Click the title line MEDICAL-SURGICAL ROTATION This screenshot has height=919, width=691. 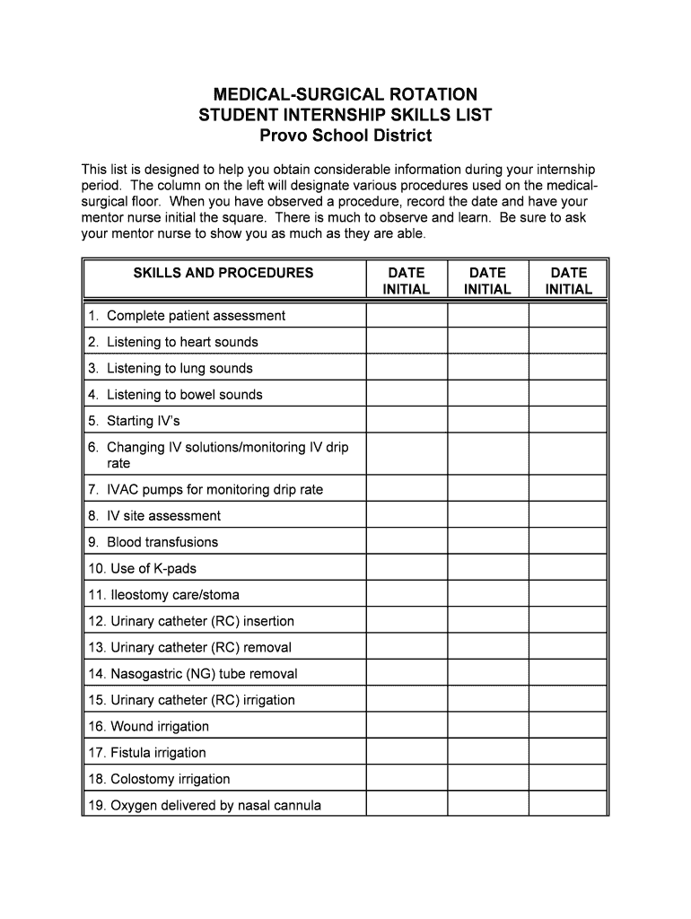click(345, 94)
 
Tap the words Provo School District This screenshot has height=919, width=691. click(345, 136)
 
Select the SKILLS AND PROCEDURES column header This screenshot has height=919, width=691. click(223, 273)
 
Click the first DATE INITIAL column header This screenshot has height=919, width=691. click(407, 281)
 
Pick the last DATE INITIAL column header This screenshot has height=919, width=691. click(568, 281)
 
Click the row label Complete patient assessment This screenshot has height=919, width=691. click(196, 316)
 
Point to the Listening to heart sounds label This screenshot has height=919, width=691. click(182, 342)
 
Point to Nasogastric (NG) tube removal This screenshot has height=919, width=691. click(204, 674)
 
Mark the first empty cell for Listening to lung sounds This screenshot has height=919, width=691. click(407, 368)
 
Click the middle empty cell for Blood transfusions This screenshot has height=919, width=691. click(487, 542)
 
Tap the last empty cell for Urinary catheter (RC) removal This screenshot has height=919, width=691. click(568, 647)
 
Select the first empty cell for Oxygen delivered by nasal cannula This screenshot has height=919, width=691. click(407, 805)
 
